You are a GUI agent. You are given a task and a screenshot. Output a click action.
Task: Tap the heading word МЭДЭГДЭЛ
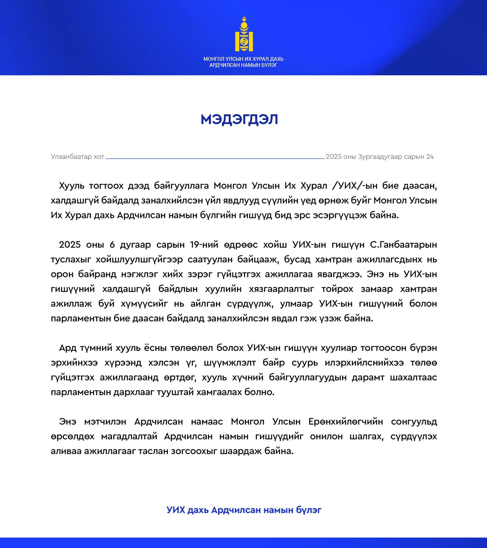(239, 120)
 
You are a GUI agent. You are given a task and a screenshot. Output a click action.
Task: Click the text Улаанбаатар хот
(78, 157)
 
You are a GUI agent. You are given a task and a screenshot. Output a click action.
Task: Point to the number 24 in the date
(430, 157)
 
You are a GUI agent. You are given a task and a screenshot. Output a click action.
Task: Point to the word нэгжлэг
(138, 274)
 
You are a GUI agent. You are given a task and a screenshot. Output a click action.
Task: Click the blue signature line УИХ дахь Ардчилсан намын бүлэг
(244, 510)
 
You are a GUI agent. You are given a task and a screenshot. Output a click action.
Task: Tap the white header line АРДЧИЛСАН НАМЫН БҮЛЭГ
(243, 65)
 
